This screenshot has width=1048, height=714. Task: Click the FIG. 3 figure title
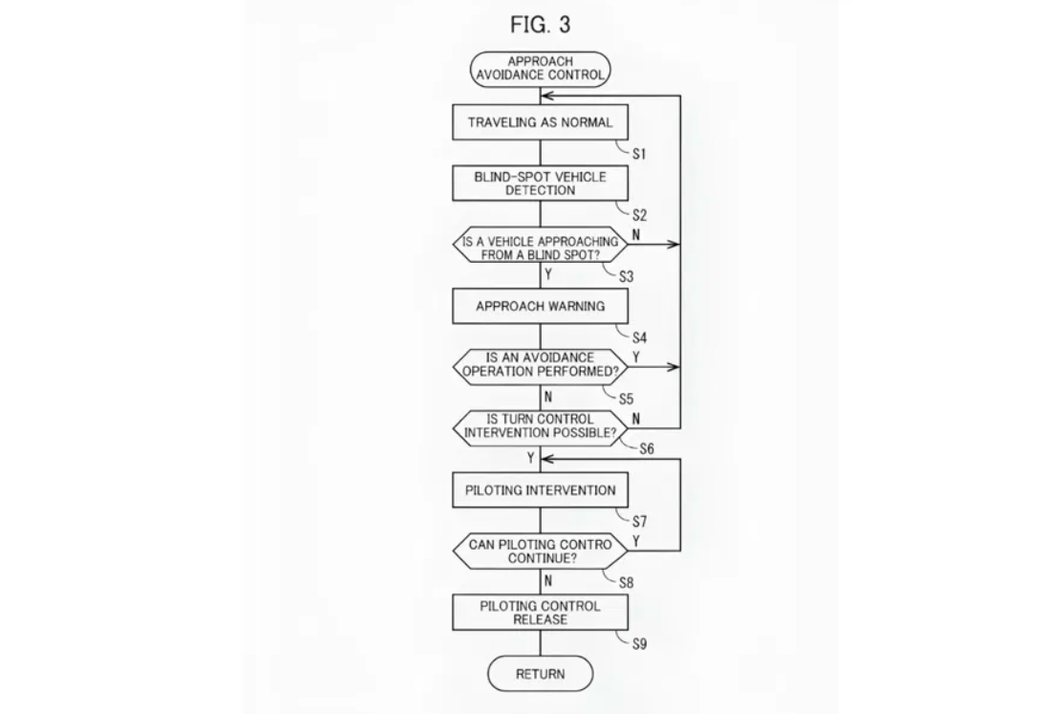pos(541,24)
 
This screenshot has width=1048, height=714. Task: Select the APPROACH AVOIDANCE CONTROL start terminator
pos(541,69)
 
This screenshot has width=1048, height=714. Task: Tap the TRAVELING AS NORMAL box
pos(541,122)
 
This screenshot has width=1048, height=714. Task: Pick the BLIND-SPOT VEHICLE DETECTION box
pos(541,184)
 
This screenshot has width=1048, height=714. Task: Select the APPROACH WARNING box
pos(541,307)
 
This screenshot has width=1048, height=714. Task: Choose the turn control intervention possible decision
pos(541,426)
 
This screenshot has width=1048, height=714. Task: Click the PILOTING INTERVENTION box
pos(541,490)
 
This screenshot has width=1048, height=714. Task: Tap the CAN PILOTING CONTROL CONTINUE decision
pos(541,552)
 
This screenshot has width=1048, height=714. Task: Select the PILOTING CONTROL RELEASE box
pos(541,613)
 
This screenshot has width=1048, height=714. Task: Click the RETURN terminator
pos(541,674)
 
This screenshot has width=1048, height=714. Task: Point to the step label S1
pos(639,153)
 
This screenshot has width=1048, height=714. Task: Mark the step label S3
pos(626,276)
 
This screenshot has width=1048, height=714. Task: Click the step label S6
pos(647,449)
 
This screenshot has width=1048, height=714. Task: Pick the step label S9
pos(639,644)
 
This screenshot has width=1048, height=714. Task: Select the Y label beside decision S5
pos(636,357)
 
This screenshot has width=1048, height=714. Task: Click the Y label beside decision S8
pos(636,541)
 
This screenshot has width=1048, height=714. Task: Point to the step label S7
pos(639,522)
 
